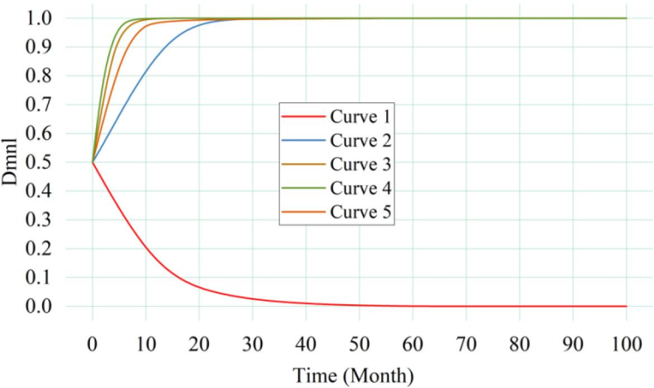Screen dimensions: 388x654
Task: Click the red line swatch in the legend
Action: click(303, 117)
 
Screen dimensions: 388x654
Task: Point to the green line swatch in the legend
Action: click(303, 189)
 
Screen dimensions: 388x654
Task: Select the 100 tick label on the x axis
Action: click(625, 343)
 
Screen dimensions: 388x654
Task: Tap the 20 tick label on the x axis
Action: click(199, 343)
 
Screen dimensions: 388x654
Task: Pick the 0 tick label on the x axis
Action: click(93, 343)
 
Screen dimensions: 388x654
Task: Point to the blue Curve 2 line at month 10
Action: click(146, 70)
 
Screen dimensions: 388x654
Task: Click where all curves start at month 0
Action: click(93, 162)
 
